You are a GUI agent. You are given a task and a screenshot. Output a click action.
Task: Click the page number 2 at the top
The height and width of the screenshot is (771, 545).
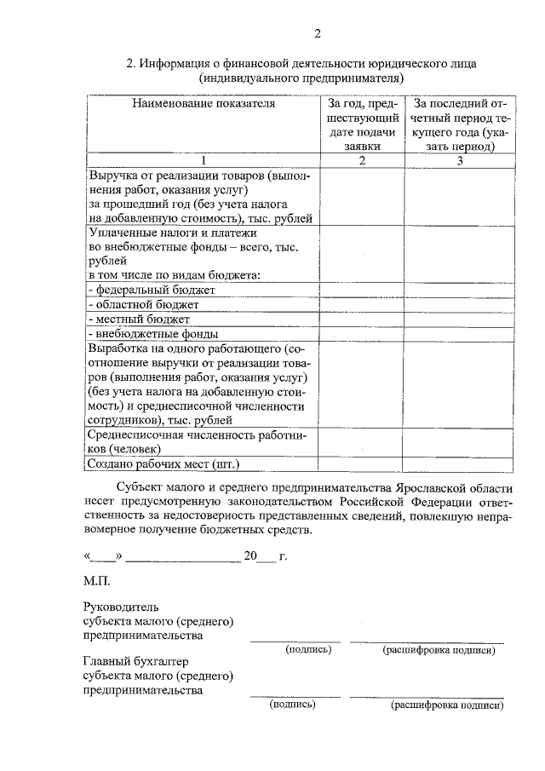pyautogui.click(x=318, y=34)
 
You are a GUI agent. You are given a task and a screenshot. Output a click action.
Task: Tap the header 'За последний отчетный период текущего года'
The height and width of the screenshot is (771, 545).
pyautogui.click(x=459, y=124)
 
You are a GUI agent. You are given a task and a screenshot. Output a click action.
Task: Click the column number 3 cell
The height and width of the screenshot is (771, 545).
pyautogui.click(x=459, y=161)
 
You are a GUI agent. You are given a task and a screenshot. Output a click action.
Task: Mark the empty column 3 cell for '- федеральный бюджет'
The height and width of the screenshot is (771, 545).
pyautogui.click(x=459, y=290)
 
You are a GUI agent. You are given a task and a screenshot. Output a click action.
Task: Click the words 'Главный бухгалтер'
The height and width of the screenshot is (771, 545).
pyautogui.click(x=135, y=662)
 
